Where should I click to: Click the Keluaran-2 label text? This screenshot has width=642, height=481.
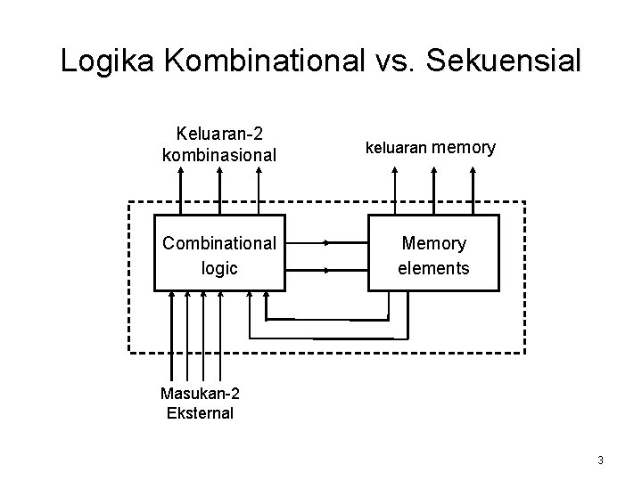pos(219,135)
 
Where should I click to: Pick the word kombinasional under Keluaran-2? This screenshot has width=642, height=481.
pos(219,154)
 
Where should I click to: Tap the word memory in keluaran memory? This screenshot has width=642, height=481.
pos(465,148)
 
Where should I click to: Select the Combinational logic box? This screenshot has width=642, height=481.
pos(219,253)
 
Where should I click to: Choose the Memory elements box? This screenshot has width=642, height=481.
pos(433,253)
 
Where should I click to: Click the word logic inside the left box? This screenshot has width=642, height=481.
pos(219,266)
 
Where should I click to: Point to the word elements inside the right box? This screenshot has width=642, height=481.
pos(433,266)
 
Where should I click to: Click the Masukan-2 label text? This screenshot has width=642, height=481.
pos(201,394)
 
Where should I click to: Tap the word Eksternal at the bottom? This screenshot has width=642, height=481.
pos(200,412)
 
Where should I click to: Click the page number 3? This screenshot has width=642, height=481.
pos(601,461)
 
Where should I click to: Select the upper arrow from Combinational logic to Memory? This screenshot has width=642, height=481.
pos(326,241)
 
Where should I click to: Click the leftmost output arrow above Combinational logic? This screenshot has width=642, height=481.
pos(181,192)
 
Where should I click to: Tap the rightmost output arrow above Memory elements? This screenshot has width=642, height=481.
pos(473,192)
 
